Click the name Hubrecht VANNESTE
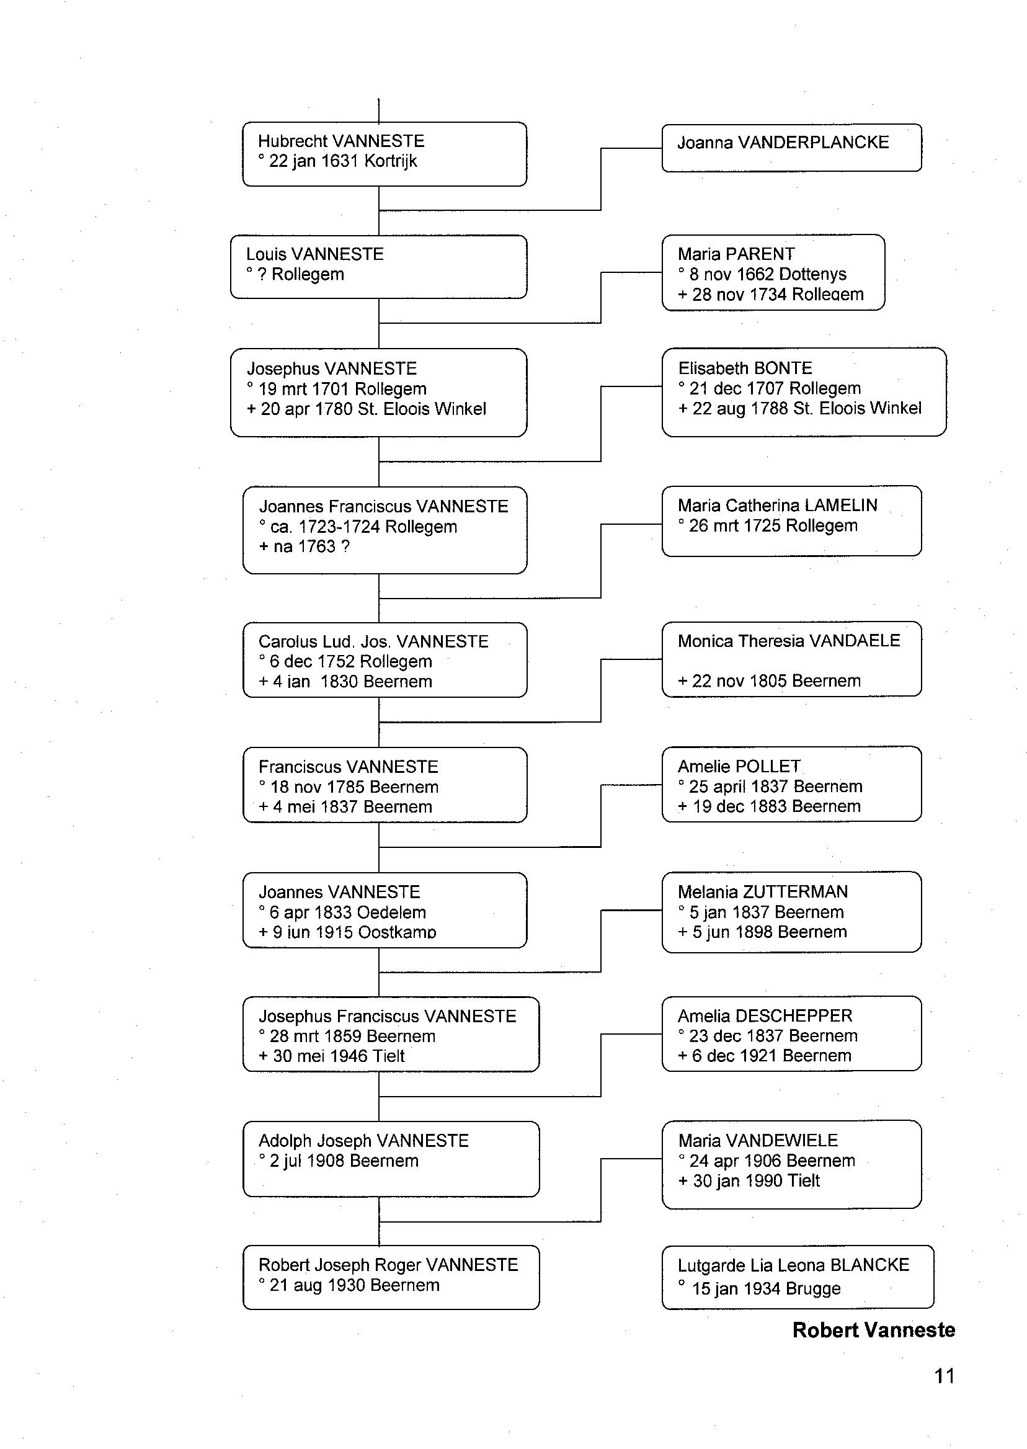[341, 140]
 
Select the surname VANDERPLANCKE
[813, 142]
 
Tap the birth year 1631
[340, 161]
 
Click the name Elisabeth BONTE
[745, 368]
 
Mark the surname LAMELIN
[840, 506]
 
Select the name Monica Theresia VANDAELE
[789, 641]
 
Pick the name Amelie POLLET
[739, 767]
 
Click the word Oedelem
[391, 912]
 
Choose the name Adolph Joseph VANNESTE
[363, 1140]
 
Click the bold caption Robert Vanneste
[873, 1329]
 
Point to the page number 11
[944, 1376]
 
